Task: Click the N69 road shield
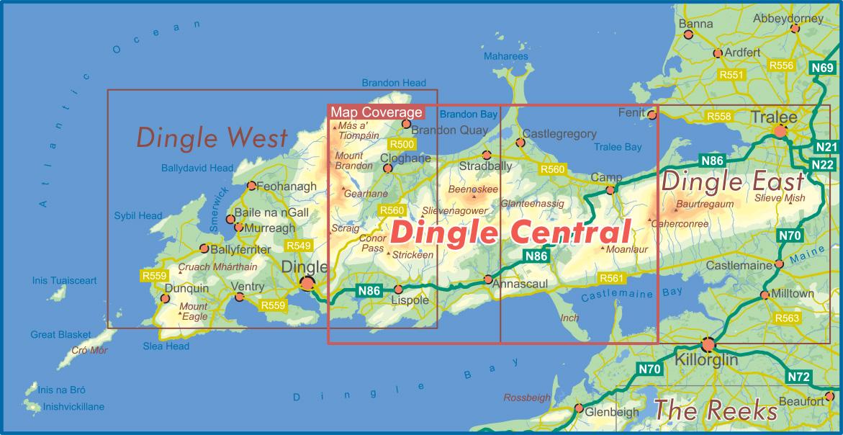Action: (x=822, y=68)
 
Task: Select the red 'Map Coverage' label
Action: (x=376, y=112)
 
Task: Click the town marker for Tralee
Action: (x=780, y=131)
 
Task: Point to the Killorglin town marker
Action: (x=708, y=344)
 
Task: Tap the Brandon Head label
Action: (x=394, y=83)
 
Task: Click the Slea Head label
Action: (x=166, y=346)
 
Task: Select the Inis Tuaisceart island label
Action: (x=64, y=280)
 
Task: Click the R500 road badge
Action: (x=401, y=144)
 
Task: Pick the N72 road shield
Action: (x=798, y=377)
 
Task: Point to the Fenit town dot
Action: (x=652, y=114)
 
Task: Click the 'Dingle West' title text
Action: (x=212, y=137)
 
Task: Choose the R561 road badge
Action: (x=611, y=278)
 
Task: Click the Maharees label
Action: (x=506, y=56)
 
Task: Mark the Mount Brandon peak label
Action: (x=349, y=161)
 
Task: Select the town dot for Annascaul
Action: (x=488, y=279)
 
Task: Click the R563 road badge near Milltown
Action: (x=787, y=318)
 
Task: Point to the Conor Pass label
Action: (x=372, y=243)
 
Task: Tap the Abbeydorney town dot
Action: (x=795, y=29)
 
